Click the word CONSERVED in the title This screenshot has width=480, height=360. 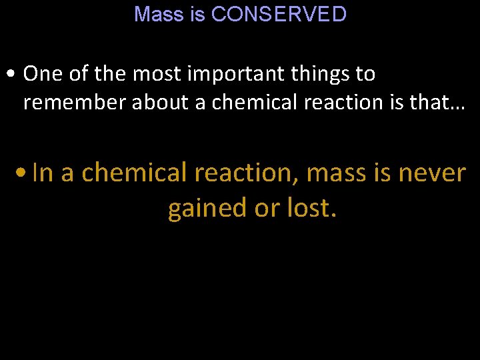[x=279, y=14]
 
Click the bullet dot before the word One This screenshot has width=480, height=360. [x=13, y=75]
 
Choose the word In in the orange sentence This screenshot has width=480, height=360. [x=42, y=173]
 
